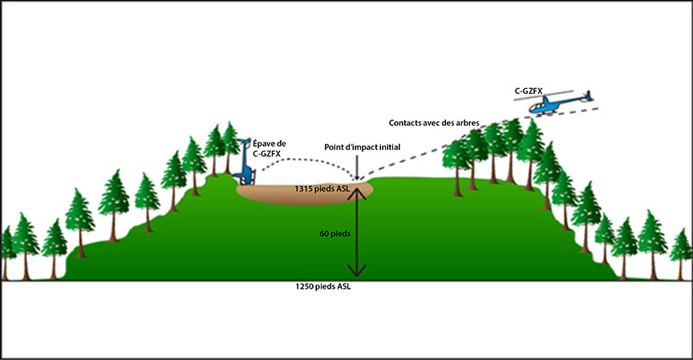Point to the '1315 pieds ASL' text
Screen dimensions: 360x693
pyautogui.click(x=322, y=188)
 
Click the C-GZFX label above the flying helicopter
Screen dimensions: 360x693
pyautogui.click(x=531, y=92)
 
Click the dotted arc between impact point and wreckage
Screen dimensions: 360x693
pyautogui.click(x=305, y=159)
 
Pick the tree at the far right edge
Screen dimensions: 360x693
pyautogui.click(x=681, y=253)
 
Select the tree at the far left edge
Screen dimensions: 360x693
pyautogui.click(x=7, y=249)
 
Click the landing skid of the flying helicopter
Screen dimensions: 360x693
pyautogui.click(x=553, y=115)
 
